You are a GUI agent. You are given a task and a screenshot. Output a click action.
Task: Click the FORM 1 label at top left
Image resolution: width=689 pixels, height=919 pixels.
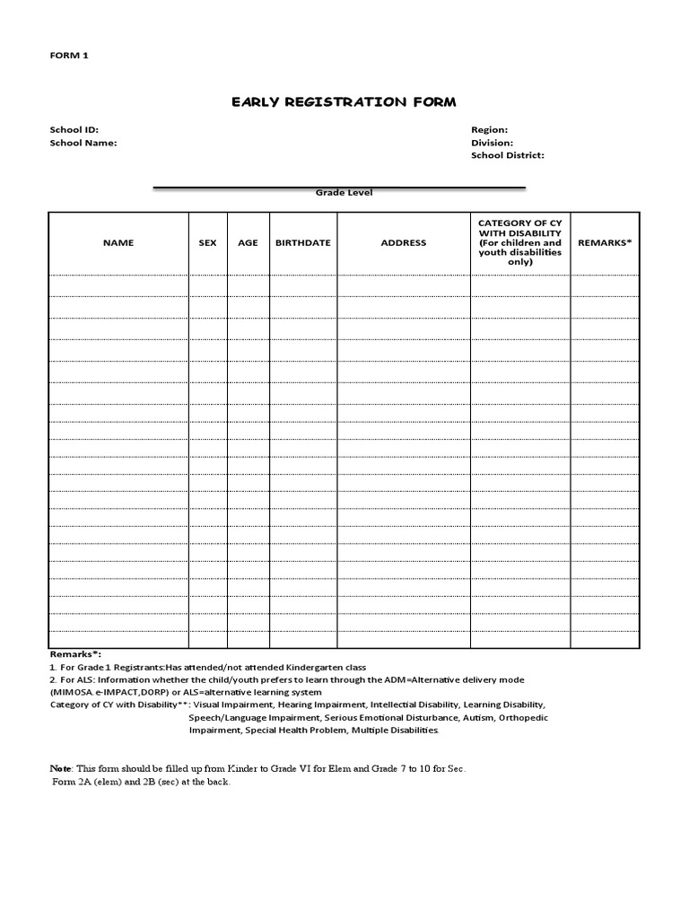pos(69,56)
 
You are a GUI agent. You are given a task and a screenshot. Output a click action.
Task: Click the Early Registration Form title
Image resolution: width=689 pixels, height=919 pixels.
pos(344,102)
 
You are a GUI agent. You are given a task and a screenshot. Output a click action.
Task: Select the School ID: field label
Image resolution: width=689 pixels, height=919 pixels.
pos(74,130)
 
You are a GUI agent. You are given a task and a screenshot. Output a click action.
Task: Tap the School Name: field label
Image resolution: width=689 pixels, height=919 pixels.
pos(83,143)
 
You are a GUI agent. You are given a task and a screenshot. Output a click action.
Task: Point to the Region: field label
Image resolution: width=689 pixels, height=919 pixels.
pos(489,130)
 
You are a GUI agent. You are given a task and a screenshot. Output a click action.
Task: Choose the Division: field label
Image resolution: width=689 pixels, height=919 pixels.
pos(492,143)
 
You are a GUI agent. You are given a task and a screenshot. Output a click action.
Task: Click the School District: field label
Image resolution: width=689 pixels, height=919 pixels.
pos(507,155)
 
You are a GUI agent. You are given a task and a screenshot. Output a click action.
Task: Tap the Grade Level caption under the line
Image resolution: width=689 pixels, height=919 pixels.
pos(344,193)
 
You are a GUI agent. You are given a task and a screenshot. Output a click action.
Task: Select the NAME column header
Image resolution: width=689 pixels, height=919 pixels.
pos(118,243)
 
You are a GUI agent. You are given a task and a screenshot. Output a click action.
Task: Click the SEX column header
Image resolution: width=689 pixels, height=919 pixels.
pos(207,243)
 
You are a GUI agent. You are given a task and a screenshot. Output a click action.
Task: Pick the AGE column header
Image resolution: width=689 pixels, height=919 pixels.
pos(248,243)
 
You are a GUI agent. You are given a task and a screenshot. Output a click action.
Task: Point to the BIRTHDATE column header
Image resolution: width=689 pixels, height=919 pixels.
pos(302,243)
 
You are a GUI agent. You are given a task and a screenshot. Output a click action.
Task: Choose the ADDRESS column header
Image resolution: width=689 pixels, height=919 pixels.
pos(404,243)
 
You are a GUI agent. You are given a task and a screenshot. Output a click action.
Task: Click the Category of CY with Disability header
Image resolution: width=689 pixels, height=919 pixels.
pos(520,242)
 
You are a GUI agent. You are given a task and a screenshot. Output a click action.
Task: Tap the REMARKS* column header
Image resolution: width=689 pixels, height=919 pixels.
pos(605,243)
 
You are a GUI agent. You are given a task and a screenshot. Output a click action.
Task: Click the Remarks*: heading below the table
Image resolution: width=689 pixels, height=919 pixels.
pos(75,655)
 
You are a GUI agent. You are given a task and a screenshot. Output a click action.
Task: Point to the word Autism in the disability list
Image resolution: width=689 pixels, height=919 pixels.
pos(476,718)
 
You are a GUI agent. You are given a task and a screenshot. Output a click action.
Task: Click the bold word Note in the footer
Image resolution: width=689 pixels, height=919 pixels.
pos(60,769)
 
